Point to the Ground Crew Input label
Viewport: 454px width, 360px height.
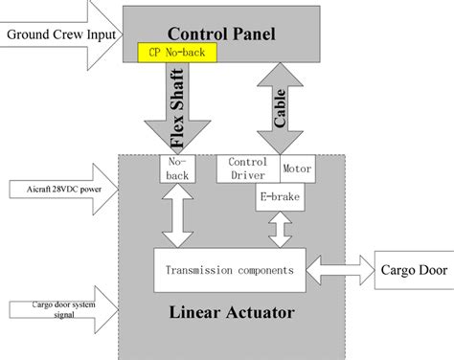tap(60, 36)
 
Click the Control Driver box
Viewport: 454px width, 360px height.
tap(248, 169)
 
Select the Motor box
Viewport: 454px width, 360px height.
tap(295, 164)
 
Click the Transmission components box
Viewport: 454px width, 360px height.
tap(230, 265)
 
